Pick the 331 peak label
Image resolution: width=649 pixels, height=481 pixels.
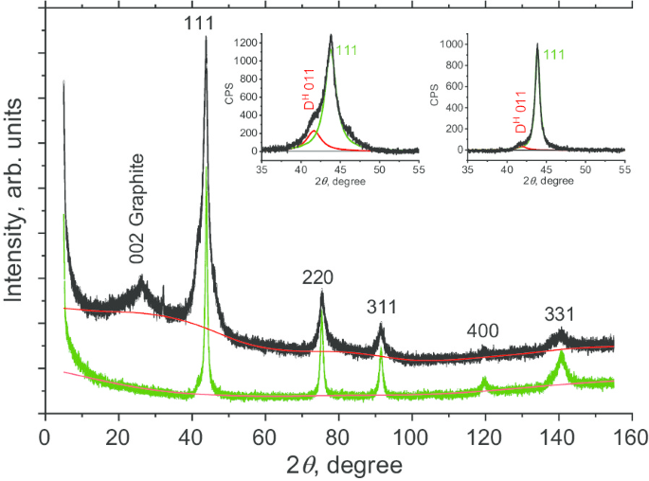(561, 314)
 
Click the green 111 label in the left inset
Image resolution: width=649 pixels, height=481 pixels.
(347, 50)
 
